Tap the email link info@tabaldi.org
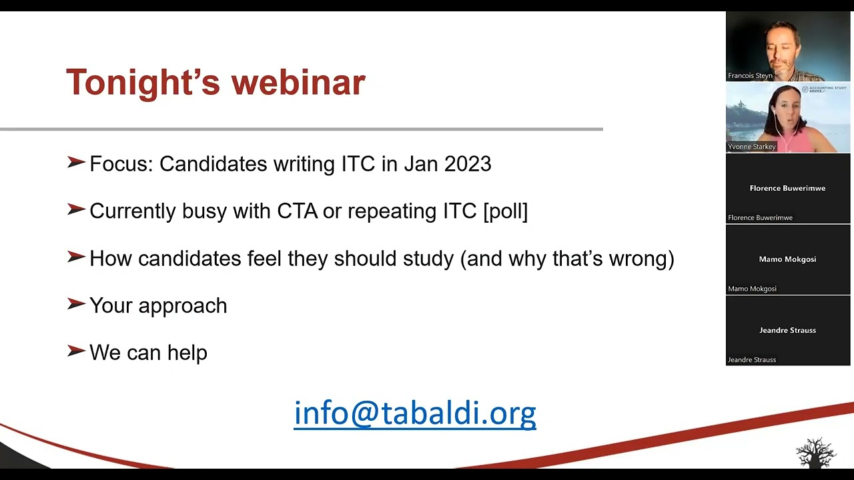coord(414,413)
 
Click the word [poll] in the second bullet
coord(505,211)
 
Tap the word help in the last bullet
coord(187,353)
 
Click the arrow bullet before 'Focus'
coord(76,163)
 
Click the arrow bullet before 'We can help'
coord(76,351)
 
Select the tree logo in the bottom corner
coord(815,453)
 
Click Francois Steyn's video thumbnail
coord(787,46)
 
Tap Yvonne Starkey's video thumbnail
coord(787,117)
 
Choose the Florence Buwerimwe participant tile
coord(787,189)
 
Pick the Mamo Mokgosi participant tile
coord(787,259)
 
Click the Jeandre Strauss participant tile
coord(787,331)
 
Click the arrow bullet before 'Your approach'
coord(76,304)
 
